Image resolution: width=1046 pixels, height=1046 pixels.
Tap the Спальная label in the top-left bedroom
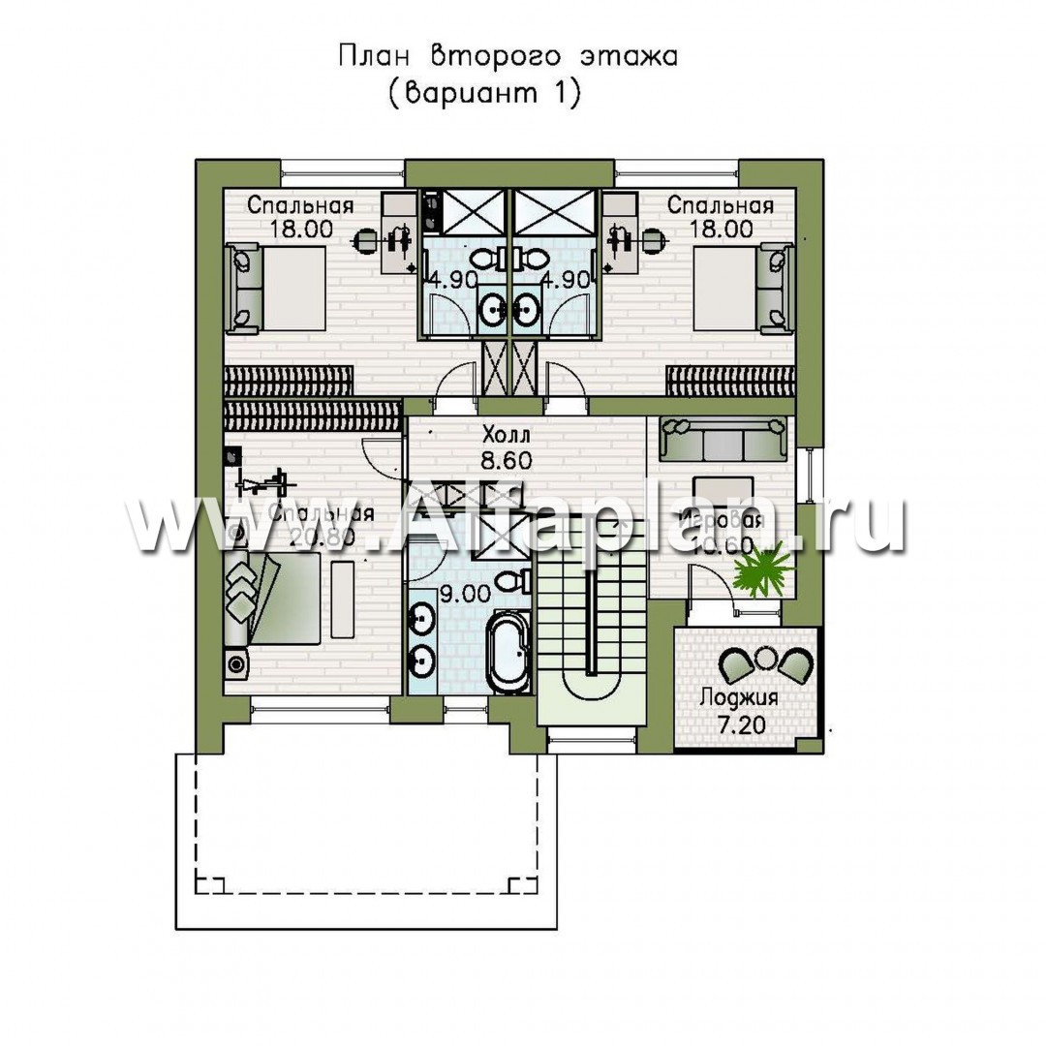299,205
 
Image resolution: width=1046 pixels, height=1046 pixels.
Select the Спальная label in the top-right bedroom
720,205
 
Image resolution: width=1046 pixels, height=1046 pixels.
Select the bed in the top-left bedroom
274,287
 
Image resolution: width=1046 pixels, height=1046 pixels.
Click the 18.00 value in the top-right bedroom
720,230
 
